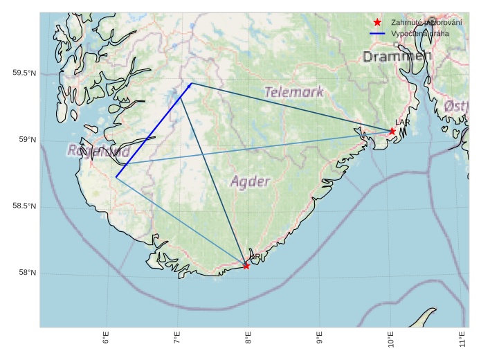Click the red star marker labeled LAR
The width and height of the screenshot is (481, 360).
pos(392,131)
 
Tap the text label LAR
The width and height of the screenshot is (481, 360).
pos(402,122)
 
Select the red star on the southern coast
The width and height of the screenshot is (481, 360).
pos(246,265)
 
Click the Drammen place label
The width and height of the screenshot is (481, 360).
pos(397,56)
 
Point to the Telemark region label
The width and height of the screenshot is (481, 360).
pos(294,91)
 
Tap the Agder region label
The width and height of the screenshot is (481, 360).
pos(250,181)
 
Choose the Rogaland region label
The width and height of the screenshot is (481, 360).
pos(98,150)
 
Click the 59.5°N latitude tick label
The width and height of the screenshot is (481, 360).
pos(24,73)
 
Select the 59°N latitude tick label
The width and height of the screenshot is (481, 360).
pos(27,141)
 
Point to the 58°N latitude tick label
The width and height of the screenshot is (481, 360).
pos(27,273)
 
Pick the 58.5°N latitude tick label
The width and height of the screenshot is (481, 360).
pos(24,207)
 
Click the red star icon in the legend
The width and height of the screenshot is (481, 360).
pos(377,22)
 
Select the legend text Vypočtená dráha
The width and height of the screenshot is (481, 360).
pos(419,33)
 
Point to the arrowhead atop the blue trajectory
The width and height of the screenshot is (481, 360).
pos(190,84)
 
